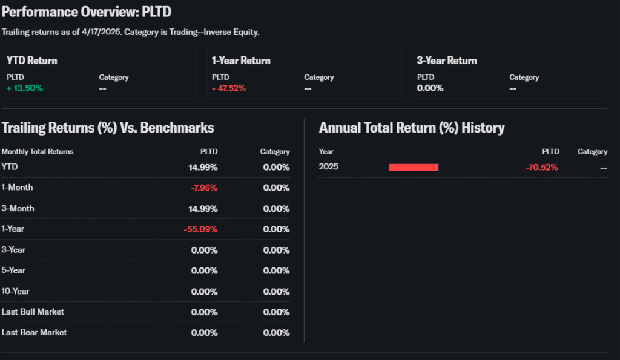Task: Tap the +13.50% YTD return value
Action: [25, 88]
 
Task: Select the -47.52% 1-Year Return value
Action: [229, 88]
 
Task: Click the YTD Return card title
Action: [32, 61]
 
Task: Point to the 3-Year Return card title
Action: [447, 61]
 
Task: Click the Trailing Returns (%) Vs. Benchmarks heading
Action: [108, 128]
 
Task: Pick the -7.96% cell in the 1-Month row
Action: [204, 188]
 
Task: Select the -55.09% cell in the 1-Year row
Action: [200, 229]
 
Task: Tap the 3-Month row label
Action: [18, 209]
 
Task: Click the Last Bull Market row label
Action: [33, 312]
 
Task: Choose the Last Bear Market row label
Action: [35, 333]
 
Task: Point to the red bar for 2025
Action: [414, 167]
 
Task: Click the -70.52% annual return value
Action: [542, 168]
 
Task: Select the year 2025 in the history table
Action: [329, 167]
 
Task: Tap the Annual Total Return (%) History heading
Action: [412, 128]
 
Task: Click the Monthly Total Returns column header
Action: [38, 152]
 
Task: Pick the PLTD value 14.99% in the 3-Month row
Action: [203, 209]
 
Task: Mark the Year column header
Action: [326, 152]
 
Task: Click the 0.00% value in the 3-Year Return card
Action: [430, 88]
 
